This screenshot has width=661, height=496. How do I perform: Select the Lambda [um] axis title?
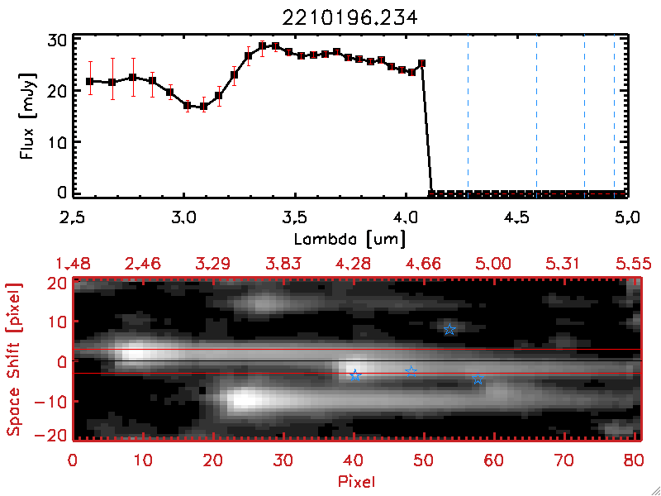tap(350, 238)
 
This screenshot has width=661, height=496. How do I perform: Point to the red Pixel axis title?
tap(357, 480)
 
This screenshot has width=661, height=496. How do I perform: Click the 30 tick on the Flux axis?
tap(55, 40)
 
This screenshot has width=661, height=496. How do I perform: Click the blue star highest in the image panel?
tap(449, 329)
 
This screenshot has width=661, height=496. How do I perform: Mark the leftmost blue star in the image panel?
tap(355, 375)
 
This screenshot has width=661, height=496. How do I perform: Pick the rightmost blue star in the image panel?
tap(478, 379)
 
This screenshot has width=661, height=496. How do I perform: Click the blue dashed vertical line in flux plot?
tap(468, 116)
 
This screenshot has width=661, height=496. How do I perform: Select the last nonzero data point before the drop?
tap(421, 63)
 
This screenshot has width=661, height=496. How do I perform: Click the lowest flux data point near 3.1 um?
tap(203, 107)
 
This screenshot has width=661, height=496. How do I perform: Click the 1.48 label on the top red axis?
tap(73, 263)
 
